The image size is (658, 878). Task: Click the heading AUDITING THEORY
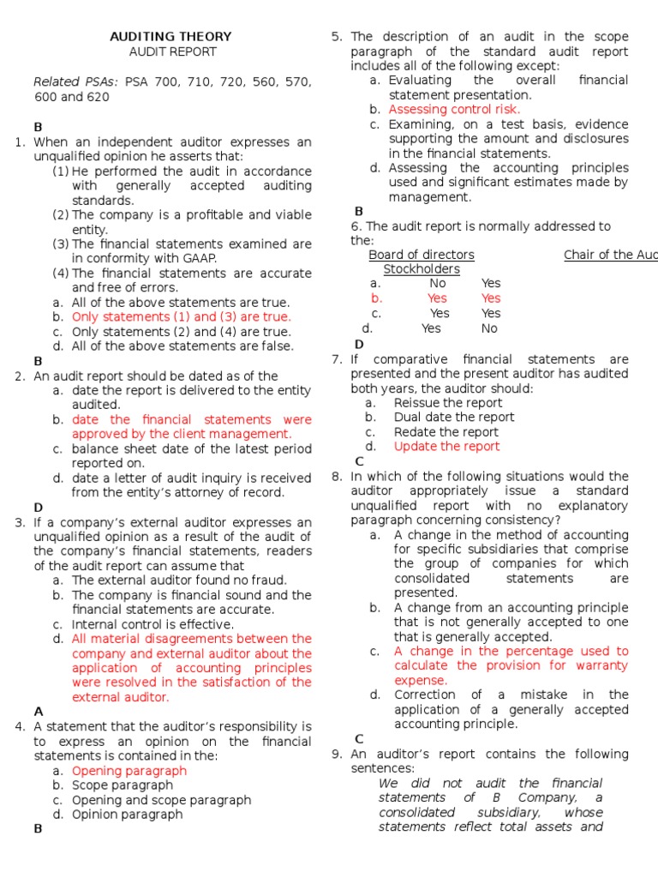click(x=170, y=36)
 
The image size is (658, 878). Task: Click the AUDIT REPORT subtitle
click(x=172, y=51)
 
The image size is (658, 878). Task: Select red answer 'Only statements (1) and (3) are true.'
click(x=181, y=317)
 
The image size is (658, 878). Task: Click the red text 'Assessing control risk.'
click(x=454, y=110)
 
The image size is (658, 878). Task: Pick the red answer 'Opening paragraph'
click(x=129, y=771)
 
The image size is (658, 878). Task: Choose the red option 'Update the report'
click(x=446, y=447)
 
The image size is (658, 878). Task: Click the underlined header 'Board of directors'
click(x=421, y=256)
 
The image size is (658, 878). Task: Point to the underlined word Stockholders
click(x=421, y=269)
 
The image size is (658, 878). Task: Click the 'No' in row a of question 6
click(x=438, y=284)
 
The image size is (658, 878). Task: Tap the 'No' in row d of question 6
click(x=489, y=328)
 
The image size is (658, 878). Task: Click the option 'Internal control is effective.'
click(x=153, y=625)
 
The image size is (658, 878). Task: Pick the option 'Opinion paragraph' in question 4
click(x=127, y=815)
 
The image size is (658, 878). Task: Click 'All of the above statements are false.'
click(x=182, y=346)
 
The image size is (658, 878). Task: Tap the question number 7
click(x=336, y=360)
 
